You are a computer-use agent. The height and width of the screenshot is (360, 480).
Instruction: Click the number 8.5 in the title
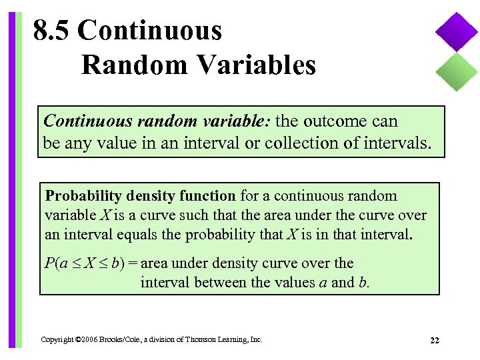tap(53, 31)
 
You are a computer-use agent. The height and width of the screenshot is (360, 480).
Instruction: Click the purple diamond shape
tap(457, 32)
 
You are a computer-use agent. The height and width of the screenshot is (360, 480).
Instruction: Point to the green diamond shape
tap(457, 71)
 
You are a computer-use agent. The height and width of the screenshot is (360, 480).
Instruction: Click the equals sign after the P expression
tap(133, 263)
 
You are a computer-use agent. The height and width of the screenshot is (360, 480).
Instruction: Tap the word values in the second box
tap(294, 282)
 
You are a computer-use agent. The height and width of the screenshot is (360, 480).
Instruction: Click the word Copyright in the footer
tap(57, 340)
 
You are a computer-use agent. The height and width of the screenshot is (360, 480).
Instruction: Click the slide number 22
tap(434, 340)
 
